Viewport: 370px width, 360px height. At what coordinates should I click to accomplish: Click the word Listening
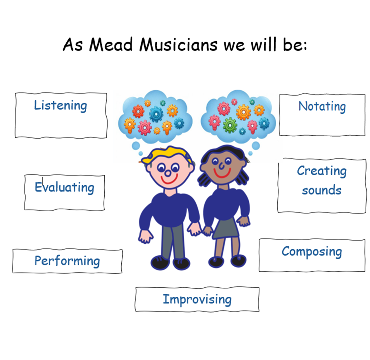pos(60,105)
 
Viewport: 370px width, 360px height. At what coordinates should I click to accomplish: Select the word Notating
pos(322,107)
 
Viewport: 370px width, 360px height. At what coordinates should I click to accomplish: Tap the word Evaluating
pos(64,188)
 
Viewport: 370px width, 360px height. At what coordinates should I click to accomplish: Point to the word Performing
pos(67,261)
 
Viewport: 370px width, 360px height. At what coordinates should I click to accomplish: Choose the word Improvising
pos(197,300)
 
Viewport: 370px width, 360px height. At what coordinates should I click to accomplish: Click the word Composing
pos(312,252)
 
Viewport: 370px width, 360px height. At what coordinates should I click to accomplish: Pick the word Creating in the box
pos(322,171)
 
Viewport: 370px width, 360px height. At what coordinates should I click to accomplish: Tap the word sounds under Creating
pos(322,190)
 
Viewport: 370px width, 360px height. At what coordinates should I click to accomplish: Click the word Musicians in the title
pos(178,44)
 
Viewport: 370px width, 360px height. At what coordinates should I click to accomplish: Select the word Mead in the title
pos(111,44)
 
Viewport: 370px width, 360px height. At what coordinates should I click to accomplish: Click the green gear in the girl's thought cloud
pos(230,125)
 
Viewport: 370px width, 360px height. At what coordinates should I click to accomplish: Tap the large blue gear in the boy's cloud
pos(156,114)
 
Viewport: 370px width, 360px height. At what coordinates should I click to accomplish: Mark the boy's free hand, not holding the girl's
pos(145,236)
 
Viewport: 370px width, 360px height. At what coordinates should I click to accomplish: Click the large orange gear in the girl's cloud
pos(243,112)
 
